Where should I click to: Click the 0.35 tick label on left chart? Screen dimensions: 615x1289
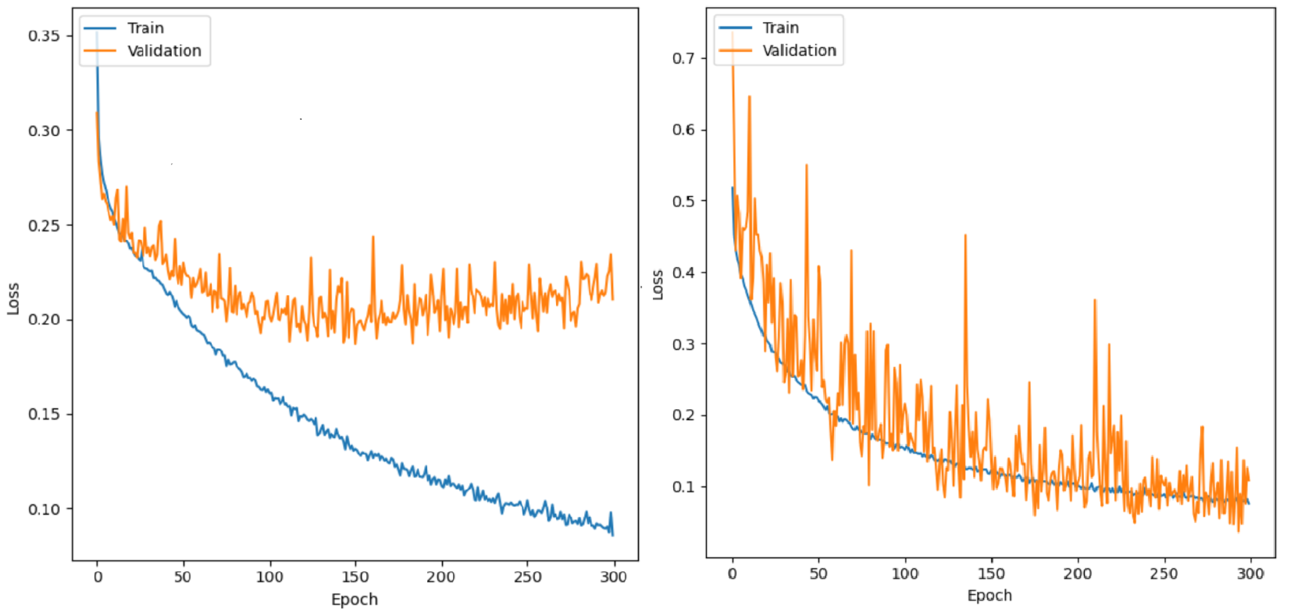43,36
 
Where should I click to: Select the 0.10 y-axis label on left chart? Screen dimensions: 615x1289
43,509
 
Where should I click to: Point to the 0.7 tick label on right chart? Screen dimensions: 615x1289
683,58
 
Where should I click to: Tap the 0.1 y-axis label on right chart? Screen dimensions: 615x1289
683,487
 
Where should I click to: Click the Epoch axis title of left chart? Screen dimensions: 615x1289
354,599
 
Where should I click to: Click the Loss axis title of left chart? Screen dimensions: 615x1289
13,299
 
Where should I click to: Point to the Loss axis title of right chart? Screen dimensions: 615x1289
658,285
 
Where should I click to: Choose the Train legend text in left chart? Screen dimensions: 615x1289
145,28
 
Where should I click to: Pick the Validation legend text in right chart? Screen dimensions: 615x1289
799,51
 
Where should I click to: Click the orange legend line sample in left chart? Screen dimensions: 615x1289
100,51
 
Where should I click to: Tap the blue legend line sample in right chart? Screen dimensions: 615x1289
735,28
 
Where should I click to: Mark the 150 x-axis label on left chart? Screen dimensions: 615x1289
355,577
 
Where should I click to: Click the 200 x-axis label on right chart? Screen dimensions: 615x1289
1077,574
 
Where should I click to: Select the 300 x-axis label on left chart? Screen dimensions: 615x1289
613,577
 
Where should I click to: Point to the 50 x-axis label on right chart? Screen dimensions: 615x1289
819,574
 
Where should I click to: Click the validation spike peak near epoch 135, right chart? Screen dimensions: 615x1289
965,235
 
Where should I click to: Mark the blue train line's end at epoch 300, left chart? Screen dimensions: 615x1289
613,535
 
